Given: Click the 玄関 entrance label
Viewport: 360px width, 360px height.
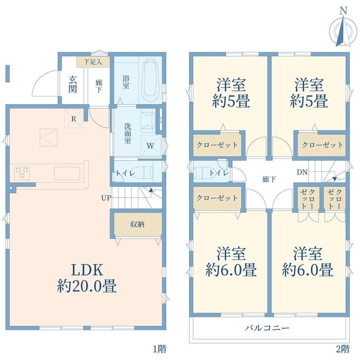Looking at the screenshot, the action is click(x=72, y=84).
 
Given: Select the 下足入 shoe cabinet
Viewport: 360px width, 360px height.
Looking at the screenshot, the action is click(x=93, y=62).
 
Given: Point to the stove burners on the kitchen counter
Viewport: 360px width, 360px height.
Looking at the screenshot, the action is click(x=22, y=173).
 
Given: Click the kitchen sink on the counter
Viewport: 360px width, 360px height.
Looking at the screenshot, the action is click(x=67, y=173).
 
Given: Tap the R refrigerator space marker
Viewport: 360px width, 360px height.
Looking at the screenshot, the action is click(x=74, y=119).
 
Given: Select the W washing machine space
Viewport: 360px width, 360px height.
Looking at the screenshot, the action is click(x=150, y=146).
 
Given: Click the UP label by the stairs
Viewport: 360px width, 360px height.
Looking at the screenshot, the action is click(x=106, y=198).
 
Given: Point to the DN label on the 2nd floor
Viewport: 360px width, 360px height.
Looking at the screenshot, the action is click(x=302, y=172).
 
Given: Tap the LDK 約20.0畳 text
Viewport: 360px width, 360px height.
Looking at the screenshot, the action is click(x=87, y=278).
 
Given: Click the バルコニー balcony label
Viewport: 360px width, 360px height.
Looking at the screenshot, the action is click(x=267, y=328).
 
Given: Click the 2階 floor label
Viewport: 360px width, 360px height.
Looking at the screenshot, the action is click(x=343, y=349).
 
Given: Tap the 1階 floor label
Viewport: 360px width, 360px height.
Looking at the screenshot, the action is click(x=160, y=349).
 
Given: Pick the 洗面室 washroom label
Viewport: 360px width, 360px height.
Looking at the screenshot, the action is click(x=128, y=133).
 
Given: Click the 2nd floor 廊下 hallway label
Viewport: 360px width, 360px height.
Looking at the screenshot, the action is click(x=269, y=179).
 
